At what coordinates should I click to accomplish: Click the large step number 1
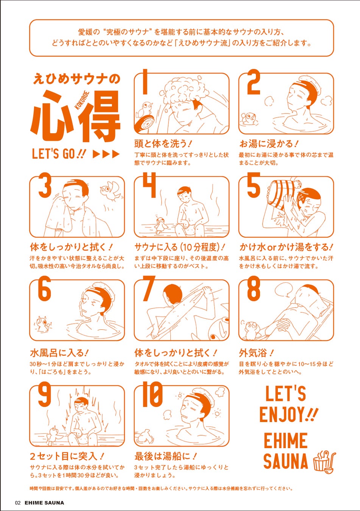click(x=145, y=81)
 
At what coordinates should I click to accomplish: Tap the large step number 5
click(x=254, y=185)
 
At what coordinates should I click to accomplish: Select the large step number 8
click(x=254, y=288)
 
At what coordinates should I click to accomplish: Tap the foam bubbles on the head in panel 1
click(x=186, y=89)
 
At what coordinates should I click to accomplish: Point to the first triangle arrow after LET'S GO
click(x=96, y=154)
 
